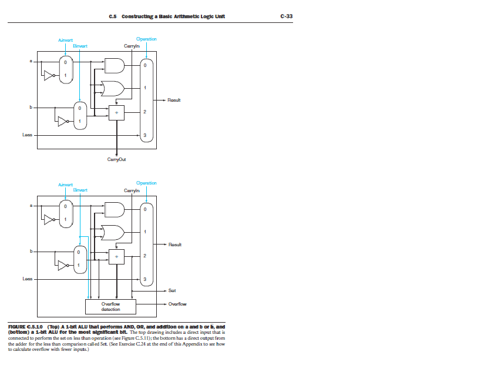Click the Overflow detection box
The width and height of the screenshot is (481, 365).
(x=110, y=306)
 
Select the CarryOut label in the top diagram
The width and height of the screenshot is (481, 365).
(x=117, y=159)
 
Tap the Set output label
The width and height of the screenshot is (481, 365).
(x=172, y=290)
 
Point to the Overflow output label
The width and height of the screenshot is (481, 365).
(x=177, y=304)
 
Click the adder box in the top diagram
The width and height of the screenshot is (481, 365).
(x=117, y=112)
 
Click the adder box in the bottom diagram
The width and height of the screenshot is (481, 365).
(x=117, y=256)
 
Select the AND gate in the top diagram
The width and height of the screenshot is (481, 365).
(x=113, y=66)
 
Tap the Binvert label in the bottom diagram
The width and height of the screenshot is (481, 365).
(x=80, y=190)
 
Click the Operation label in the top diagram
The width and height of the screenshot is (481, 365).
(x=146, y=39)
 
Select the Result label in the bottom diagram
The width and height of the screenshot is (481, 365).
(x=174, y=244)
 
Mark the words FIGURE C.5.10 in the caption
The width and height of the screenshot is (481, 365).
(x=24, y=326)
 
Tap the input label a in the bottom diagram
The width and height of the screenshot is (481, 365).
(x=32, y=206)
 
